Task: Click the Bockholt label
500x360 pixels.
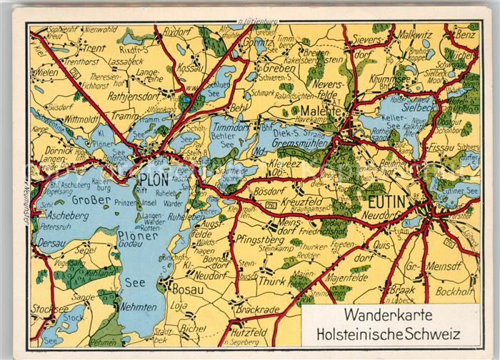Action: click(447, 292)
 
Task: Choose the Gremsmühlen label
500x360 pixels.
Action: click(297, 143)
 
